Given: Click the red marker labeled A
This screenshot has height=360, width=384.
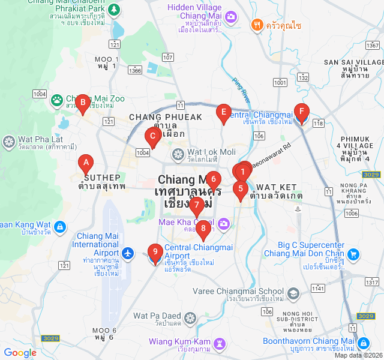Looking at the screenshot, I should (x=86, y=162).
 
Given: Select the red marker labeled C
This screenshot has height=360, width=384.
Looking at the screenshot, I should (x=152, y=136).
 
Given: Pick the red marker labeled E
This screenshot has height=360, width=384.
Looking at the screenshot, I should (x=223, y=112).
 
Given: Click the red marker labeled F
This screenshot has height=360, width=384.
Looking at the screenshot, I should (x=301, y=111).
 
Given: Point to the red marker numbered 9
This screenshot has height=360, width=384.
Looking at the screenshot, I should (x=155, y=252).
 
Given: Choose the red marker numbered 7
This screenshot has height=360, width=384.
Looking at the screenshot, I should (x=196, y=205).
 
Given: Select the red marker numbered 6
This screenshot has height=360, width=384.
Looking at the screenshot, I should (x=212, y=179).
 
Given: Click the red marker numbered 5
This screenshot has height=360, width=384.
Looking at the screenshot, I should (x=240, y=188).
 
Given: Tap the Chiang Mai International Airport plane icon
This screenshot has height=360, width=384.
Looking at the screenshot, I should (x=127, y=254).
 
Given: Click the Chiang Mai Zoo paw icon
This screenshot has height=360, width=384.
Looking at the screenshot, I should (x=57, y=100).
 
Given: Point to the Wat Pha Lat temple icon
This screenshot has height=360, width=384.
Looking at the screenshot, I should (x=8, y=142).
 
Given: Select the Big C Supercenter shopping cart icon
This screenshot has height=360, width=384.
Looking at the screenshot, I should (x=354, y=254).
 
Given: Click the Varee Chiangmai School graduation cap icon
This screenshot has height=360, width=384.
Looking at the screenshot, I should (x=292, y=293).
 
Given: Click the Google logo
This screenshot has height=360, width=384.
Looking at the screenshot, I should (x=20, y=353).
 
